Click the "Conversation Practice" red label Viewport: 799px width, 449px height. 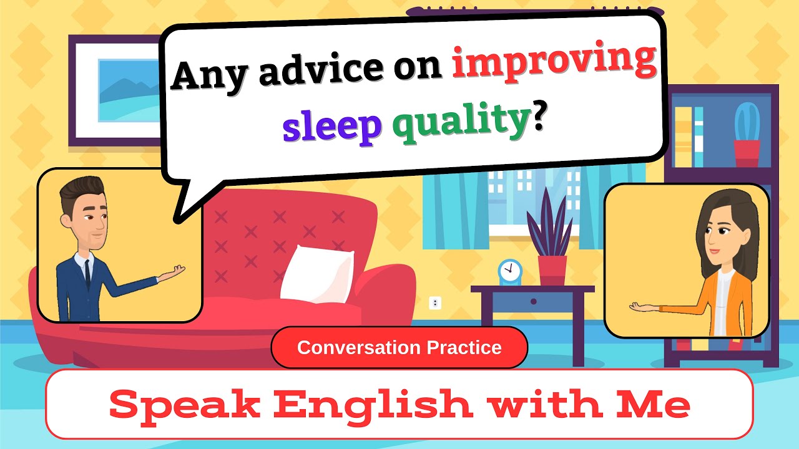(399, 347)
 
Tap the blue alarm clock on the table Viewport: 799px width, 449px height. (509, 272)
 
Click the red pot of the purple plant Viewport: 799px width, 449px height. (552, 270)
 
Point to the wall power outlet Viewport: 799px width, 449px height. (435, 303)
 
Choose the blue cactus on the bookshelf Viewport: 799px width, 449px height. (747, 125)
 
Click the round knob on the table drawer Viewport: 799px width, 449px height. (533, 302)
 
